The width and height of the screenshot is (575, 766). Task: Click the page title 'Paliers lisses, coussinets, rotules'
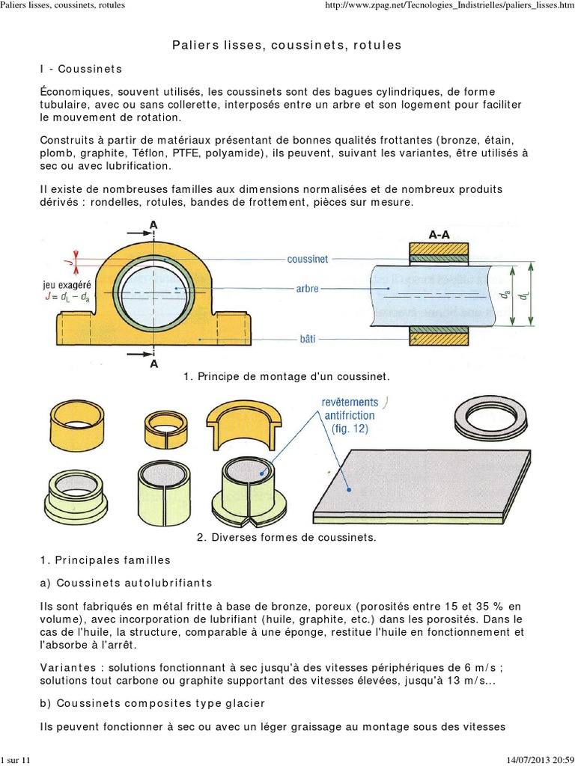(x=287, y=46)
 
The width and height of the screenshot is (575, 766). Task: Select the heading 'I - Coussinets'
(x=81, y=69)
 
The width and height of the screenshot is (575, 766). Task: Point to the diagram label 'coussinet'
(x=307, y=260)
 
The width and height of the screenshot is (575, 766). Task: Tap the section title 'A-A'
(x=439, y=234)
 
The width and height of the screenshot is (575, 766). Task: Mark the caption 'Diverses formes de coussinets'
(x=287, y=537)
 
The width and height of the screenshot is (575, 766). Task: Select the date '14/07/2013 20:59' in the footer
(x=532, y=760)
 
